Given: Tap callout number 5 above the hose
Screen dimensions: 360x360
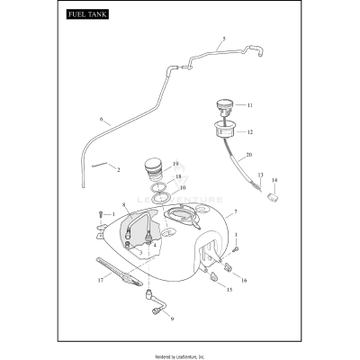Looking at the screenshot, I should click(223, 40).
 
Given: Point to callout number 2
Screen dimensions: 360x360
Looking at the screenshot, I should click(117, 169).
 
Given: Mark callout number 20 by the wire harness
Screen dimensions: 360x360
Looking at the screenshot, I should click(248, 155).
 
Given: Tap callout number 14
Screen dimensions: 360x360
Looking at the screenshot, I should click(274, 180).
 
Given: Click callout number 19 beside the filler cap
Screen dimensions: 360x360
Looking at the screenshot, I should click(175, 164).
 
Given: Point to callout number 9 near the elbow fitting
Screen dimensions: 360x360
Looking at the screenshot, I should click(172, 319).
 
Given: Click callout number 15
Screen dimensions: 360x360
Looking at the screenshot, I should click(229, 290).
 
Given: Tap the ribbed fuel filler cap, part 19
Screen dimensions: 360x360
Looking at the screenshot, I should click(156, 169).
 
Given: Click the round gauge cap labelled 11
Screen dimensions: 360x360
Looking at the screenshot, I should click(226, 106).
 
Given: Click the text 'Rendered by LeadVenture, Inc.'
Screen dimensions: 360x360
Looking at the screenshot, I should click(180, 349).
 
